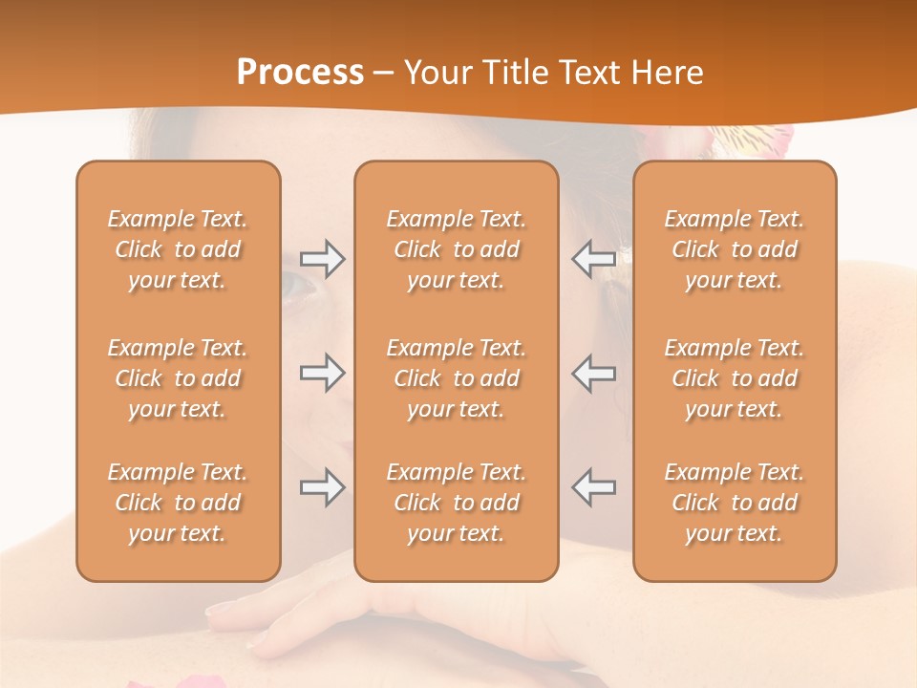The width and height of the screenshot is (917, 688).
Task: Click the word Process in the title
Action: click(300, 73)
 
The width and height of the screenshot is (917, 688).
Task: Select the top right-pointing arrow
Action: click(322, 259)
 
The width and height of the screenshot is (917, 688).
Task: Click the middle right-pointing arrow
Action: click(322, 373)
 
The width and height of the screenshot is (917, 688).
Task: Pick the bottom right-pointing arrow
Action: click(322, 487)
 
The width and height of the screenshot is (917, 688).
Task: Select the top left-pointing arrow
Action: click(593, 259)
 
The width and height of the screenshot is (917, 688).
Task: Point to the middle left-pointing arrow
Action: click(593, 373)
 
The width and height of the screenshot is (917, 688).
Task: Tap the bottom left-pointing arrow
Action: click(593, 487)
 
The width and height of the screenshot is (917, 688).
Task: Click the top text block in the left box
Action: click(178, 249)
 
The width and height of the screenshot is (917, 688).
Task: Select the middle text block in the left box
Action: click(178, 378)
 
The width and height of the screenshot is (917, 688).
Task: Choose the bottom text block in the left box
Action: click(178, 503)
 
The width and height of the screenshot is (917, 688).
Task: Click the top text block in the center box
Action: click(456, 249)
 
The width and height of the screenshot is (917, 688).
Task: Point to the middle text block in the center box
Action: click(456, 378)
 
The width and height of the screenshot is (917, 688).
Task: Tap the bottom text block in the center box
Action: click(456, 503)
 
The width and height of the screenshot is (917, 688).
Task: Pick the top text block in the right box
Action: click(735, 249)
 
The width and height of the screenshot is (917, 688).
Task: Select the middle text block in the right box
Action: click(735, 378)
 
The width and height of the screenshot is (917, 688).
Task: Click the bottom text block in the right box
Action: click(735, 503)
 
